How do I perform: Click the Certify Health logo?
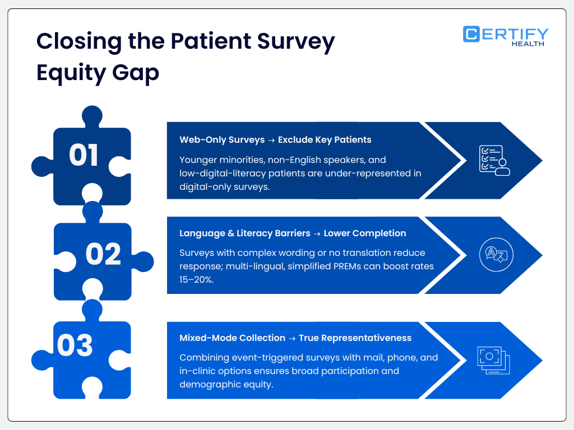pyautogui.click(x=506, y=36)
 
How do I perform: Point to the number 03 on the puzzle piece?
pyautogui.click(x=75, y=345)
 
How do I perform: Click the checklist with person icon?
pyautogui.click(x=494, y=161)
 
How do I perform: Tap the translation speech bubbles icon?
pyautogui.click(x=496, y=255)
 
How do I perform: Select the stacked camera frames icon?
pyautogui.click(x=494, y=359)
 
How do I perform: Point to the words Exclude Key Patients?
pyautogui.click(x=325, y=139)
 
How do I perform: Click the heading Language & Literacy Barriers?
pyautogui.click(x=245, y=233)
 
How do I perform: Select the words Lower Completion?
pyautogui.click(x=365, y=233)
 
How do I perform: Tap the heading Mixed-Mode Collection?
pyautogui.click(x=232, y=338)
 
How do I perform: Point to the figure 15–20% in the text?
pyautogui.click(x=200, y=279)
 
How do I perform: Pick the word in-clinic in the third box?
pyautogui.click(x=199, y=371)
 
